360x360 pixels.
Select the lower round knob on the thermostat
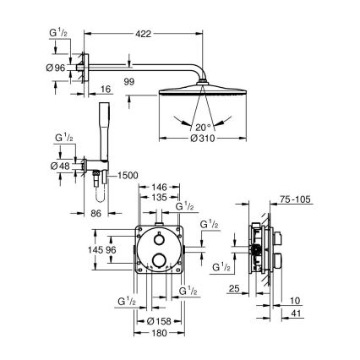158,262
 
